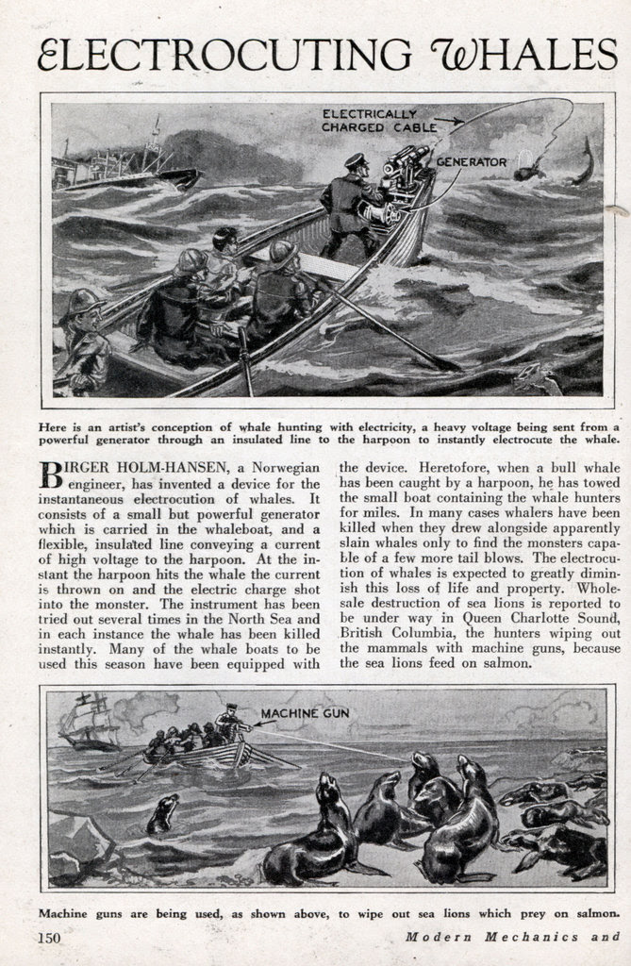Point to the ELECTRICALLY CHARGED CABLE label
coord(379,120)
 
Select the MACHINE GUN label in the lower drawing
coord(304,713)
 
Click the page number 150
coord(51,938)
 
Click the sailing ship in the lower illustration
coord(90,724)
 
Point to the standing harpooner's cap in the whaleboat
coord(356,160)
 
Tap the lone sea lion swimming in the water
coord(163,812)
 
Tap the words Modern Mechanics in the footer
coord(495,938)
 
